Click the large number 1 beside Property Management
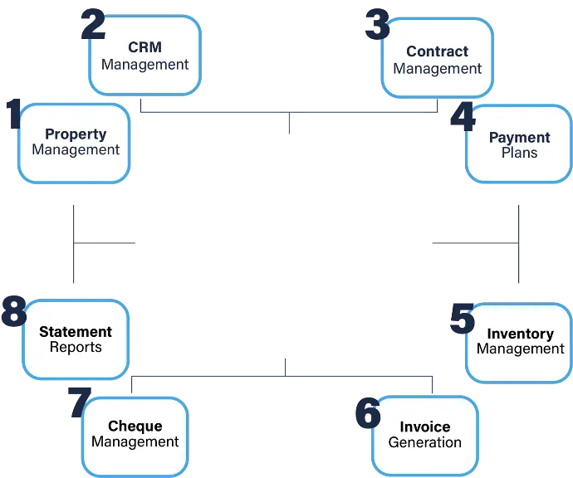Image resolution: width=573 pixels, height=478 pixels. [14, 113]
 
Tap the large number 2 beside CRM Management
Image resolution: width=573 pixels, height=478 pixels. [93, 24]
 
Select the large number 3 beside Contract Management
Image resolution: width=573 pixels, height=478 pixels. [378, 24]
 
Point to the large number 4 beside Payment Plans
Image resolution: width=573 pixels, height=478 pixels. [463, 117]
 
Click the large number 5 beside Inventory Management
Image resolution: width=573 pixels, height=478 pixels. [463, 319]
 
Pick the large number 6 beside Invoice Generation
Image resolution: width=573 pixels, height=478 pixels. [368, 413]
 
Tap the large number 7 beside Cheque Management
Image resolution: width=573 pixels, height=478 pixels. [80, 402]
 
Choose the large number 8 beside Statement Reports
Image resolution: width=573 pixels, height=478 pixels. [14, 311]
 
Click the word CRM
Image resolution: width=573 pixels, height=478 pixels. [144, 47]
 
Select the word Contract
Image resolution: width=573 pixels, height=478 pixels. [437, 51]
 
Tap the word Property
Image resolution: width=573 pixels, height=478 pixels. [76, 134]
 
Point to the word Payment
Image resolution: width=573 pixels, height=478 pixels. [519, 138]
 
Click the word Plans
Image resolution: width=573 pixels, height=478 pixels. [519, 153]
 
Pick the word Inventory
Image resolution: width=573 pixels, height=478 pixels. [521, 334]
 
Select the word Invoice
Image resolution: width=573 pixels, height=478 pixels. [425, 427]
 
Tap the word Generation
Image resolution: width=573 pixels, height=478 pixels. [424, 442]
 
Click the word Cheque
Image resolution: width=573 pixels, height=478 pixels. [135, 427]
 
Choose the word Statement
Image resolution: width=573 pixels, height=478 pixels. [76, 332]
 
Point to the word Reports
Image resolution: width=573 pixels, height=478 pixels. [76, 347]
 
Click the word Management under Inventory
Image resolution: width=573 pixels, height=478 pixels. [521, 349]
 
